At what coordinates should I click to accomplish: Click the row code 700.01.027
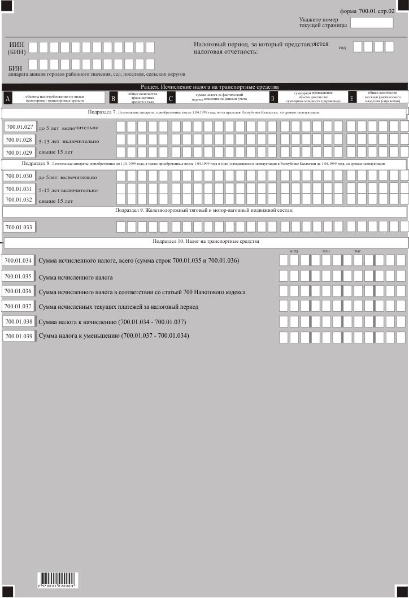coord(19,127)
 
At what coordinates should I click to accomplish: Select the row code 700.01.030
coord(19,176)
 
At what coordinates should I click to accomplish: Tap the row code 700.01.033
coord(19,227)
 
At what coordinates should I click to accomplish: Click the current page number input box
coord(372,23)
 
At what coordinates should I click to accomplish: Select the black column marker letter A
coord(7,99)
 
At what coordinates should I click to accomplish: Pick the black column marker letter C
coord(171,99)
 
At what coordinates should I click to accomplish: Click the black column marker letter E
coord(352,99)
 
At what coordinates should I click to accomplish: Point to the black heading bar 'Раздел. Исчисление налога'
coord(204,86)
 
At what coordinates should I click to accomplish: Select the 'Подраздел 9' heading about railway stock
coord(204,210)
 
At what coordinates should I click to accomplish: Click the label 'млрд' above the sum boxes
coord(294,251)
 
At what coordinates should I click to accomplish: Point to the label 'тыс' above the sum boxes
coord(358,251)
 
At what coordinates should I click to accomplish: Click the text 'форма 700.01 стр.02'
coord(367,11)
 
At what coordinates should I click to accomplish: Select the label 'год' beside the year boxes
coord(342,47)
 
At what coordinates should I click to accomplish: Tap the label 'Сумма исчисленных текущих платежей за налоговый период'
coord(119,307)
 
